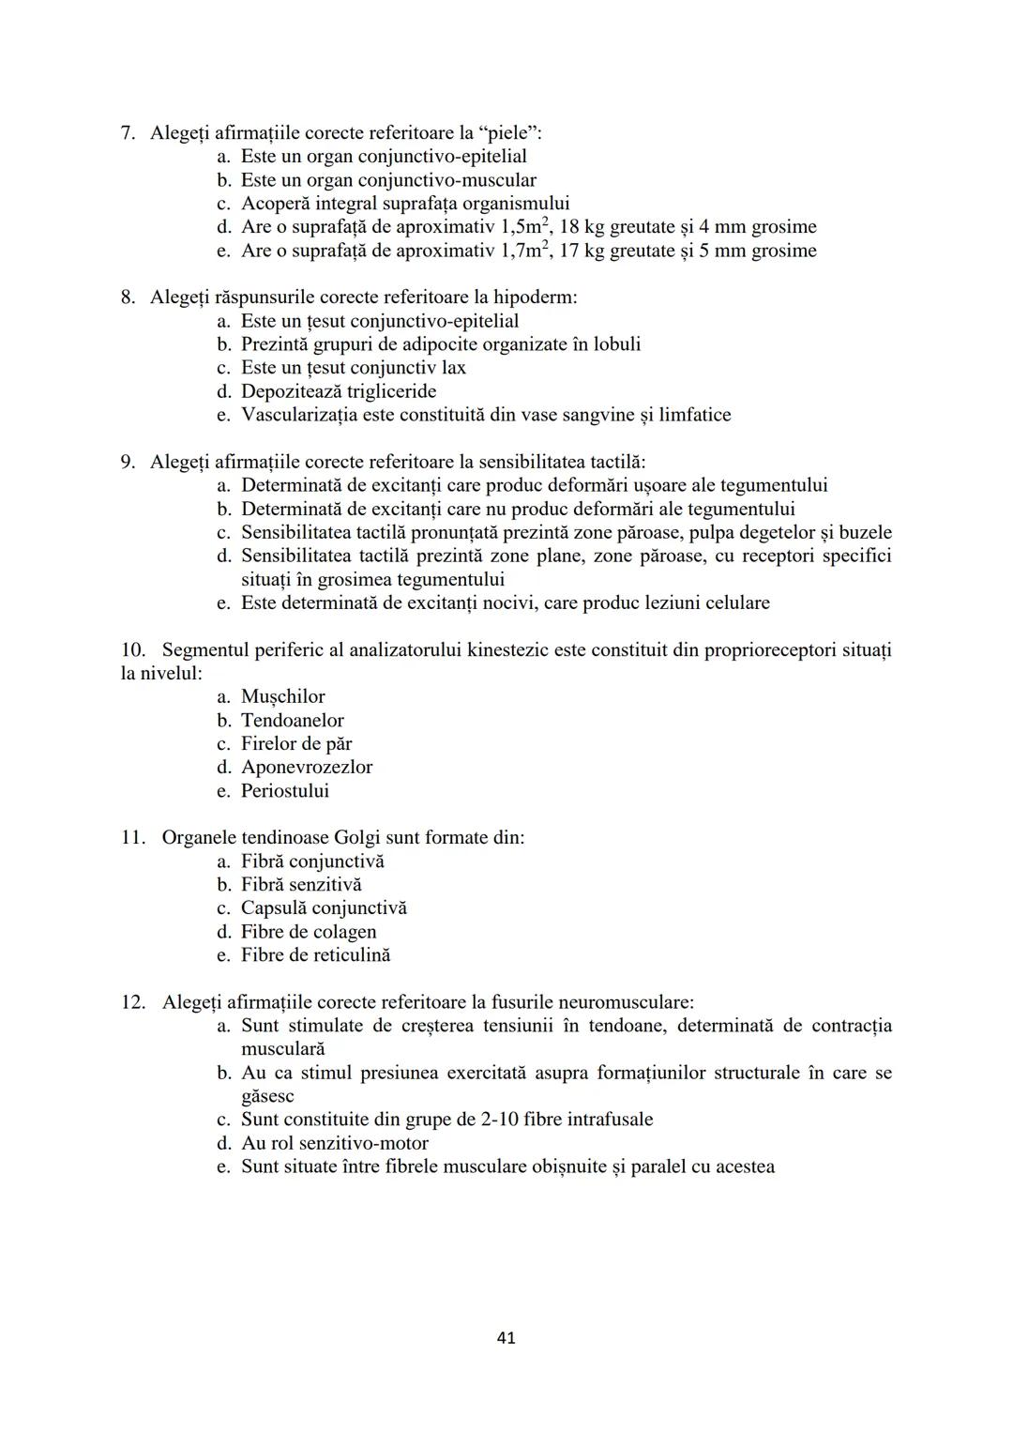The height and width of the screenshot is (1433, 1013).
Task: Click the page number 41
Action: click(506, 1338)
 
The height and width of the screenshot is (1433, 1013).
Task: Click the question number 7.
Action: click(129, 133)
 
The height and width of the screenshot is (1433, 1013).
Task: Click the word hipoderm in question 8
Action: click(535, 297)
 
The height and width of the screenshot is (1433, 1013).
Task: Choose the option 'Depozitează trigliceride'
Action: click(338, 391)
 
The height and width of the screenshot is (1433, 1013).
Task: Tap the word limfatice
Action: click(694, 415)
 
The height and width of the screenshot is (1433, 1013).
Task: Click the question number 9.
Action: click(129, 462)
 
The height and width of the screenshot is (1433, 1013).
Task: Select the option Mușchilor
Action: click(282, 696)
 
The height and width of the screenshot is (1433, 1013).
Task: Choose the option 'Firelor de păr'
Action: click(296, 744)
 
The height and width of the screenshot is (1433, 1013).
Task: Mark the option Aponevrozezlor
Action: click(306, 768)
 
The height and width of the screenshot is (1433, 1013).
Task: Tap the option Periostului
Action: click(285, 791)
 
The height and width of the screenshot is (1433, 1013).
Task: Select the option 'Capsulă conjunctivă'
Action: click(324, 908)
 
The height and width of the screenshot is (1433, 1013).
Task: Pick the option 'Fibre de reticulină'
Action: click(315, 955)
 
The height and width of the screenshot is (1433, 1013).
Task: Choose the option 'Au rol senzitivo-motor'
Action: click(334, 1143)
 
